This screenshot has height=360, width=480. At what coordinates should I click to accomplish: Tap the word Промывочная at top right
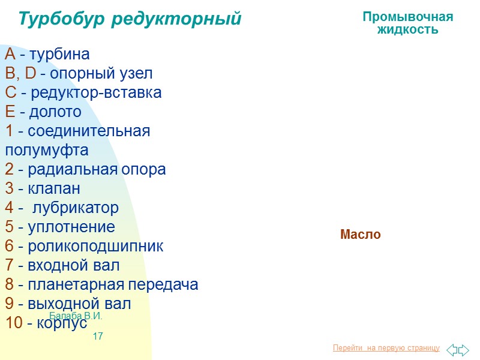[407, 17]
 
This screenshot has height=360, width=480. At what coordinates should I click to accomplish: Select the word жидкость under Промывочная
[407, 29]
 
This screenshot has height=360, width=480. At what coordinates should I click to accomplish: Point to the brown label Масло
[360, 235]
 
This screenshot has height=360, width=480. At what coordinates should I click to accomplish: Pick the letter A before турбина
[10, 55]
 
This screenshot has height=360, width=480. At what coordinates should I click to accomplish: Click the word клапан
[54, 189]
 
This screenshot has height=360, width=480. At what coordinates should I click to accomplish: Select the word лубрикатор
[75, 208]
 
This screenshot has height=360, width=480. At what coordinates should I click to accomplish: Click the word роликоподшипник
[95, 247]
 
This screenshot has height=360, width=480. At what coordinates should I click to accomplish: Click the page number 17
[98, 337]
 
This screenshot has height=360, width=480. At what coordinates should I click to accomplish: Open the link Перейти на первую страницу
[386, 349]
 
